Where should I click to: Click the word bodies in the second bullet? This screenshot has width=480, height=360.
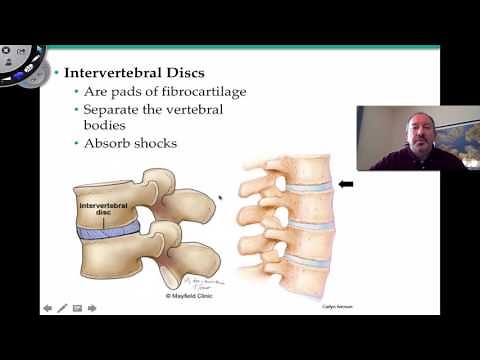point(106,125)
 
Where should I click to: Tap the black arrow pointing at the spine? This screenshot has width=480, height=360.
point(346,184)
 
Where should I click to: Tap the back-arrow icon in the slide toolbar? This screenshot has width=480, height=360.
point(47,308)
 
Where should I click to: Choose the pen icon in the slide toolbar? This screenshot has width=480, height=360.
point(62,308)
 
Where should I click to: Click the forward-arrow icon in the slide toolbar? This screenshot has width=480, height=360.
point(92,308)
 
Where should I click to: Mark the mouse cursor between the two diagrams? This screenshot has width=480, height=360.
point(220,197)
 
